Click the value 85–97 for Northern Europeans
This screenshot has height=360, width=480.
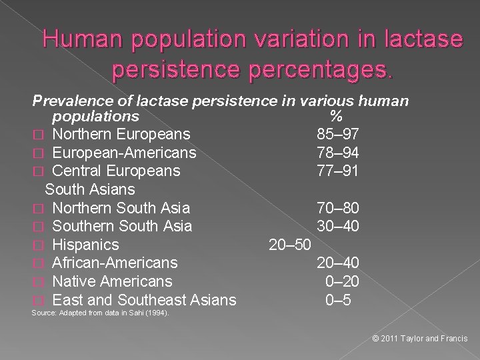click(x=338, y=134)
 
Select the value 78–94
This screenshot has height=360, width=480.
click(x=338, y=153)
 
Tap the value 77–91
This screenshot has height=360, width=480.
click(x=338, y=171)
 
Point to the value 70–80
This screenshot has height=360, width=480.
click(x=338, y=208)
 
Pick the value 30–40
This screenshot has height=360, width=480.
click(x=338, y=227)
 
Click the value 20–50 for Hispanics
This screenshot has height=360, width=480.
click(x=289, y=245)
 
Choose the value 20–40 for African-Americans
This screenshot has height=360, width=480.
click(x=338, y=263)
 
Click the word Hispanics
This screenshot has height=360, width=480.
click(x=85, y=245)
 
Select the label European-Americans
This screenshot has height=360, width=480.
click(x=124, y=153)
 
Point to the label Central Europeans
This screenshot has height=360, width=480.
click(x=116, y=171)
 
